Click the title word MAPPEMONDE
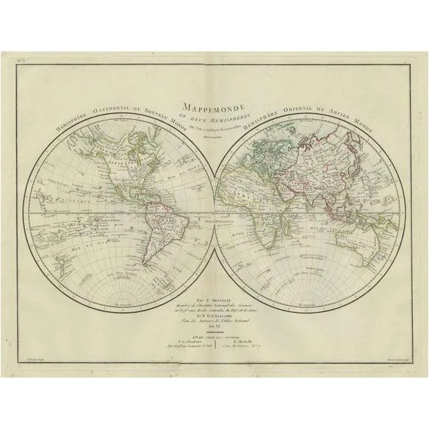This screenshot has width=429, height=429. point(214,106)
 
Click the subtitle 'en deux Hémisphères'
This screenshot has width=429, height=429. point(214,116)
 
